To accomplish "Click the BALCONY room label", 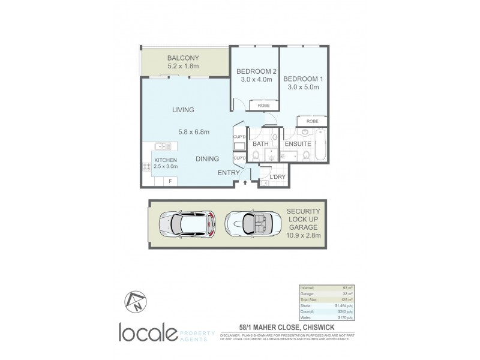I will click(183, 58).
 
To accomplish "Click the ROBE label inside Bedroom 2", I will click(263, 106).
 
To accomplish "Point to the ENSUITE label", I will click(298, 145).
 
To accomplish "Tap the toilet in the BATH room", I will click(256, 156).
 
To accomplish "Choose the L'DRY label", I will click(277, 177).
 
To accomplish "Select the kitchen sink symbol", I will click(163, 146).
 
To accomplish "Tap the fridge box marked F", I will click(170, 181).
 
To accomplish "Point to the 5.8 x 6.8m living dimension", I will click(193, 132).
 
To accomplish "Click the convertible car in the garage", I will click(248, 225).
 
